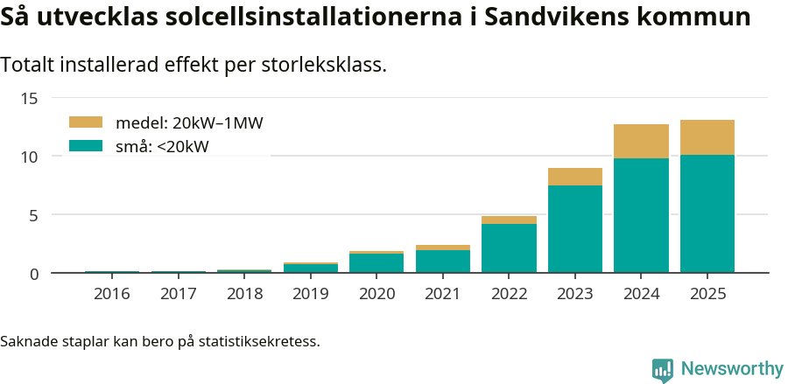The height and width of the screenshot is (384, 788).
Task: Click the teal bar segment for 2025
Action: pos(707,213)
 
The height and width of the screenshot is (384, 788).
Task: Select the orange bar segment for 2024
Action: pos(641,141)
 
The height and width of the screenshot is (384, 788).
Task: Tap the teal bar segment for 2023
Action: pos(574,228)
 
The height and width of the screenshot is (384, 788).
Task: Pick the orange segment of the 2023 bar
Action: pos(574,177)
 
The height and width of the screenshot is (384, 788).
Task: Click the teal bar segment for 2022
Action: pos(509,248)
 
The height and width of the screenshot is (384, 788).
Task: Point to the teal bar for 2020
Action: pos(376,263)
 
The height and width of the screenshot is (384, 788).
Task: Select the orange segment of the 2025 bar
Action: pos(707,137)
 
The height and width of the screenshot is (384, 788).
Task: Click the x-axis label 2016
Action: pos(112,294)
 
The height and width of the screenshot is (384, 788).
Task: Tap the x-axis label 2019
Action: pos(311,294)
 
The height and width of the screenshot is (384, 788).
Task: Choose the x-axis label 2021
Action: pos(443,294)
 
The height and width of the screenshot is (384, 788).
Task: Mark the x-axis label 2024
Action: pos(641,294)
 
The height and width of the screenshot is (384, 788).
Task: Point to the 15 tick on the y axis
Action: pos(30,98)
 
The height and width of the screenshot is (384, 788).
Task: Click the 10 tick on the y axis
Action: pos(30,157)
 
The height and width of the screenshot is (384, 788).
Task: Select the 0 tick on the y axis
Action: pos(34,274)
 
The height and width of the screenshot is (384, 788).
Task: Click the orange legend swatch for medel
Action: pos(86,122)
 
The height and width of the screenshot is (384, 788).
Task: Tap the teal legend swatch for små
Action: pos(86,146)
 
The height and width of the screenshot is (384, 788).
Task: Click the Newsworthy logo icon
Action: pos(663,369)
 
